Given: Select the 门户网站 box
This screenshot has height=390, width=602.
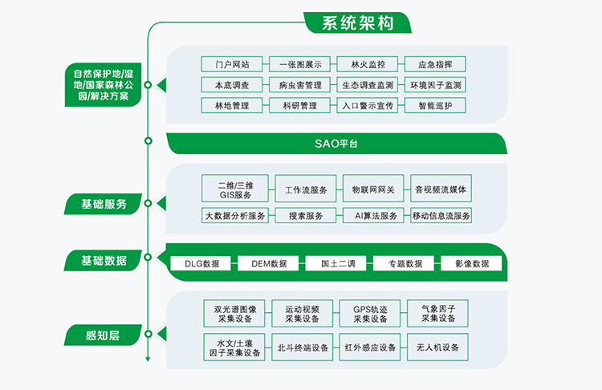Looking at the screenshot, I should point(232,64).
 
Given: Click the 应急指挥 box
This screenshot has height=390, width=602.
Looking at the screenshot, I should point(435,64).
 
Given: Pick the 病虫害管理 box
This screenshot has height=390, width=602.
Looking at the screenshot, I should point(299,85).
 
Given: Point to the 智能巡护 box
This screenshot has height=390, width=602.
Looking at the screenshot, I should point(435,105).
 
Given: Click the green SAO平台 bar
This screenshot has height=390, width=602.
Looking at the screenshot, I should point(336,144).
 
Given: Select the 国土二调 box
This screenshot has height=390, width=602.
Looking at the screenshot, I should point(336,263).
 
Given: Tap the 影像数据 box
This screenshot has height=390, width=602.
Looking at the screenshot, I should point(471,263).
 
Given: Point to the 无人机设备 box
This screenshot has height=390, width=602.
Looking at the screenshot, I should point(438,347).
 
